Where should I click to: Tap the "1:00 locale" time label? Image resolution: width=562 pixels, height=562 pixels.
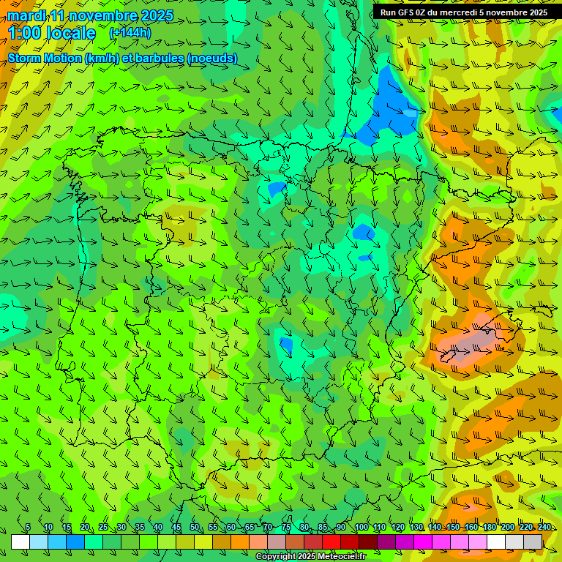pyautogui.click(x=52, y=33)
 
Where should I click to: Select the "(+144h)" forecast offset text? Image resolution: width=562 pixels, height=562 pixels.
pyautogui.click(x=130, y=33)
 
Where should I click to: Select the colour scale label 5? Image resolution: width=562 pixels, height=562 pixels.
pyautogui.click(x=28, y=528)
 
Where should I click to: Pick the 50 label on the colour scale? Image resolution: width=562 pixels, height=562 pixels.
pyautogui.click(x=195, y=528)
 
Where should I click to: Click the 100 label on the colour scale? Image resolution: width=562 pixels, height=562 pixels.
pyautogui.click(x=361, y=528)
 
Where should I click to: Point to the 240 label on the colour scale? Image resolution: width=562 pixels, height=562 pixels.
pyautogui.click(x=544, y=528)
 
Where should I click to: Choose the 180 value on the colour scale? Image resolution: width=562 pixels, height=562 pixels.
pyautogui.click(x=489, y=528)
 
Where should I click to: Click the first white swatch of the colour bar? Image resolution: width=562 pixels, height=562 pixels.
pyautogui.click(x=20, y=542)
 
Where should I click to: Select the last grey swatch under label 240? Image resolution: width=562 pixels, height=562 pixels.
pyautogui.click(x=533, y=542)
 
